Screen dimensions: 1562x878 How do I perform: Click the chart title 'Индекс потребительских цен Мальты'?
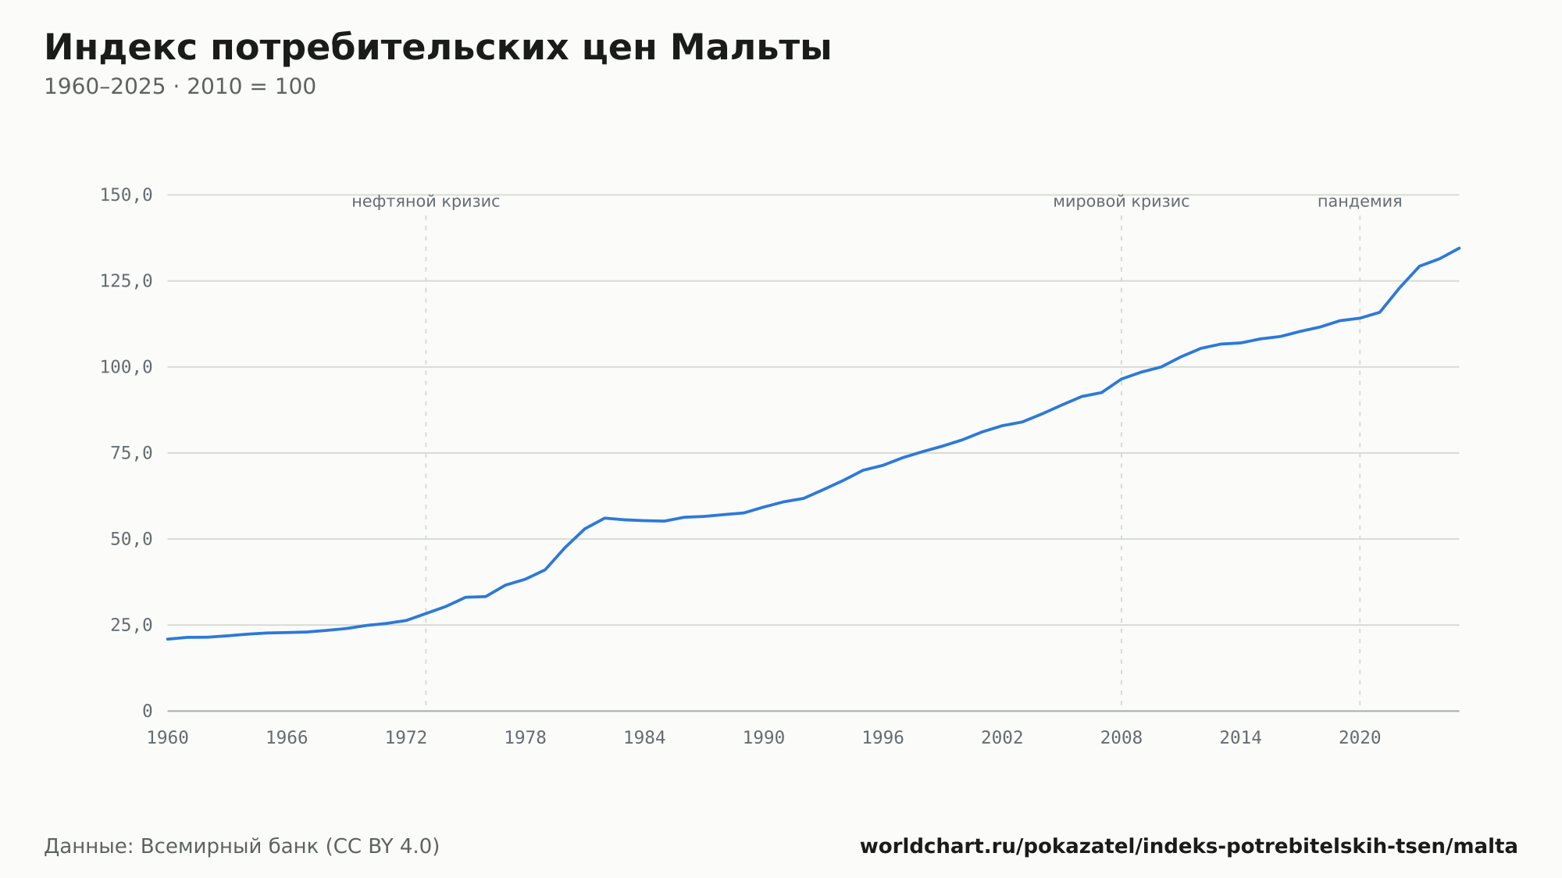coord(437,48)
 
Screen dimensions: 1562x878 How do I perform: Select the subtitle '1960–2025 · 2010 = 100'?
coord(180,87)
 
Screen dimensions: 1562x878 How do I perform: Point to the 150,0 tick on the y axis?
coord(126,195)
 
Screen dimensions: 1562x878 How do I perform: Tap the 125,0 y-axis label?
coord(126,281)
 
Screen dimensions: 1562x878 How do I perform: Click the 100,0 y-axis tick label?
coord(126,367)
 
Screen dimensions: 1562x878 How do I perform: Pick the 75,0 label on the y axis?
coord(131,453)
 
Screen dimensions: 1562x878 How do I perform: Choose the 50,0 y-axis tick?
coord(131,539)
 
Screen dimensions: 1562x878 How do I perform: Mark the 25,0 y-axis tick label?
coord(131,625)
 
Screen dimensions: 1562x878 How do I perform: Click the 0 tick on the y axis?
coord(148,711)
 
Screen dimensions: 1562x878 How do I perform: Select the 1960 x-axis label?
coord(168,738)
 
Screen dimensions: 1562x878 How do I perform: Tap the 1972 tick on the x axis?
coord(406,738)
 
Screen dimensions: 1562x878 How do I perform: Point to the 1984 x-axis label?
coord(644,738)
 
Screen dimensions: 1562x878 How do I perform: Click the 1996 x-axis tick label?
coord(883,738)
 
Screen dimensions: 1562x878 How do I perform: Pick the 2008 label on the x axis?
coord(1122,738)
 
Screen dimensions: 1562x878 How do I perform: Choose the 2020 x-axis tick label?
coord(1360,738)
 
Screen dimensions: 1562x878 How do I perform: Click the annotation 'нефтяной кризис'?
coord(426,202)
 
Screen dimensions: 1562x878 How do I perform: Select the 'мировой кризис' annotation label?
coord(1122,202)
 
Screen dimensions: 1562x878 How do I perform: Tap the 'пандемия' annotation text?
coord(1360,202)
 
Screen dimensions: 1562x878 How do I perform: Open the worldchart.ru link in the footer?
coord(1189,847)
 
